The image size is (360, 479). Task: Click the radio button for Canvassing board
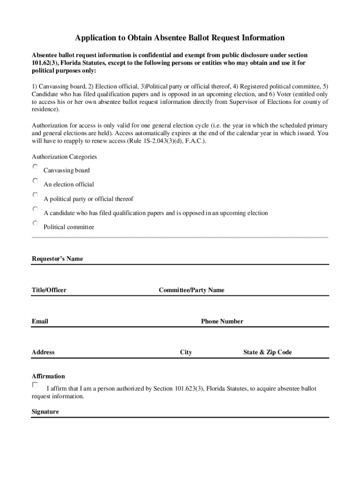(x=35, y=167)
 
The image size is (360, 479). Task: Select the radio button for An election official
(x=35, y=181)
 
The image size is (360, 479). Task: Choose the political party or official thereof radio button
(x=35, y=195)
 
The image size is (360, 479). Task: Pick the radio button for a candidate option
(x=35, y=209)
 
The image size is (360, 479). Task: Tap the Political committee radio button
(x=35, y=223)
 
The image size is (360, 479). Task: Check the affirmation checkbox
(x=35, y=385)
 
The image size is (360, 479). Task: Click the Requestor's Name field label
(x=57, y=259)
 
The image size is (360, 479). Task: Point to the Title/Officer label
(x=49, y=290)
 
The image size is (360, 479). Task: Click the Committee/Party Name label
(x=191, y=290)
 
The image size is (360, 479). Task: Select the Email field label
(x=40, y=321)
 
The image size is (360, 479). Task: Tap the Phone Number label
(x=222, y=321)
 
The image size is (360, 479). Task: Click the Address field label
(x=43, y=352)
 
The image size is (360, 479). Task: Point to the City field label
(x=186, y=352)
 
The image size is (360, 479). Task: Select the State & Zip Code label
(x=267, y=352)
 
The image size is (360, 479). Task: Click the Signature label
(x=45, y=412)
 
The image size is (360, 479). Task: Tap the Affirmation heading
(x=48, y=376)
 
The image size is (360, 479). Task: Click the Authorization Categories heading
(x=64, y=157)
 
